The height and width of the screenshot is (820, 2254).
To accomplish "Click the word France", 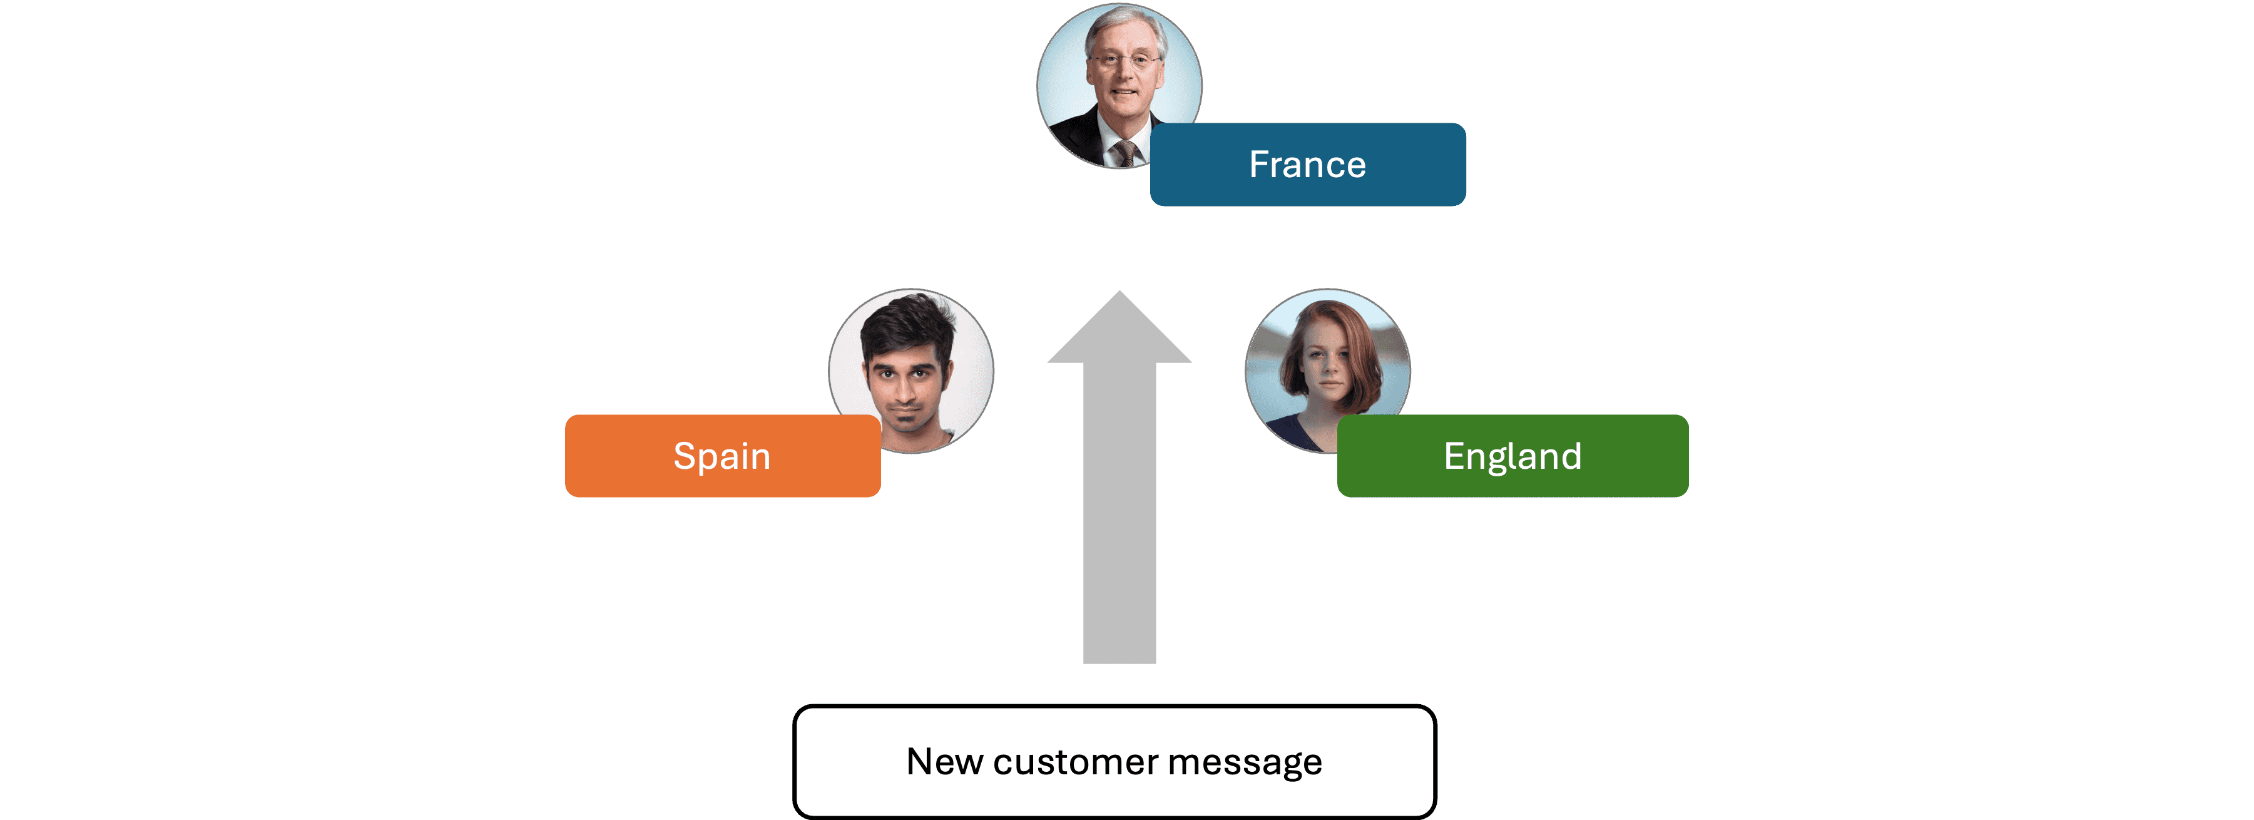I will point(1307,165).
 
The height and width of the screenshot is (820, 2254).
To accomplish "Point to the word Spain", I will point(722,456).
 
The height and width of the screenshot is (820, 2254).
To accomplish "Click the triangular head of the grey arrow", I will point(1119,332).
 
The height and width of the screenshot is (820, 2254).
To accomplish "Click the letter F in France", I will point(1258,165).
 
